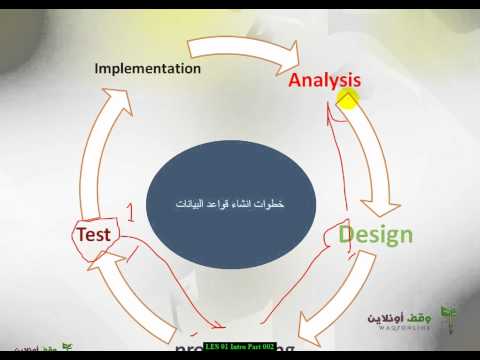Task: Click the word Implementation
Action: coord(147,69)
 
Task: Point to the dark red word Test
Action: coord(97,233)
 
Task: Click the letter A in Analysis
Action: coord(296,79)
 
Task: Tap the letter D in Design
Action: coord(346,235)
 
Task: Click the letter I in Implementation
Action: coord(97,69)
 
